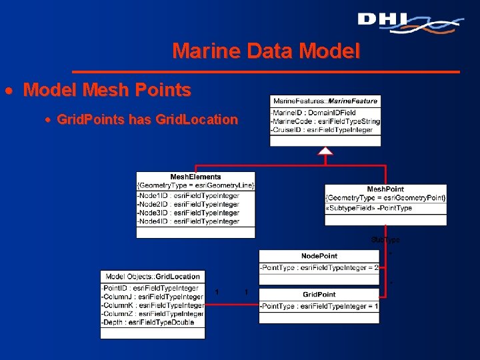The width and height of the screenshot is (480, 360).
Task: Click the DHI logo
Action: coord(409,22)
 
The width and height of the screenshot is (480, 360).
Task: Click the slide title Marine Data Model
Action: coord(266,51)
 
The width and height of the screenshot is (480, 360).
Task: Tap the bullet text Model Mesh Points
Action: coord(107,90)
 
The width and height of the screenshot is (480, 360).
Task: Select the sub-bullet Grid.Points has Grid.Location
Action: coord(147,120)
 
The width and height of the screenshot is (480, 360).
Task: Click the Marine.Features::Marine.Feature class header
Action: coord(325,101)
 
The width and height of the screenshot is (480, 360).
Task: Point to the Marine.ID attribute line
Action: coord(313,112)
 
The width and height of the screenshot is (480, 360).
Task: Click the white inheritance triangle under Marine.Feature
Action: coord(325,151)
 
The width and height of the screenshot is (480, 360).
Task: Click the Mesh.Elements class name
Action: coord(195,177)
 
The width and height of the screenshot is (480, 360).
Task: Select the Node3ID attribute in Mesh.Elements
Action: coord(187,213)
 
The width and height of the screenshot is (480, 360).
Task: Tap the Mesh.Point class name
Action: coord(385,189)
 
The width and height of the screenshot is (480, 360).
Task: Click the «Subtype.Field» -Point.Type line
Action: coord(369,208)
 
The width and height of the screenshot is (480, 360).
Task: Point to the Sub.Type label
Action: coord(385,240)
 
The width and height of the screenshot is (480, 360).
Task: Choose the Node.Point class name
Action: coord(319,256)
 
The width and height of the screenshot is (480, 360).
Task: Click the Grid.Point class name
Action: coord(319,294)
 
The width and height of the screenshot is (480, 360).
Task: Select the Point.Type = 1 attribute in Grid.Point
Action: coord(319,306)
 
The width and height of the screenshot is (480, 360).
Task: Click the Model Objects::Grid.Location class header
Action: coord(153,276)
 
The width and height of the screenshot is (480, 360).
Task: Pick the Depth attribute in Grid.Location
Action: coord(147,323)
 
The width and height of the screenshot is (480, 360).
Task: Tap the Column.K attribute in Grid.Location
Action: coord(152,305)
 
